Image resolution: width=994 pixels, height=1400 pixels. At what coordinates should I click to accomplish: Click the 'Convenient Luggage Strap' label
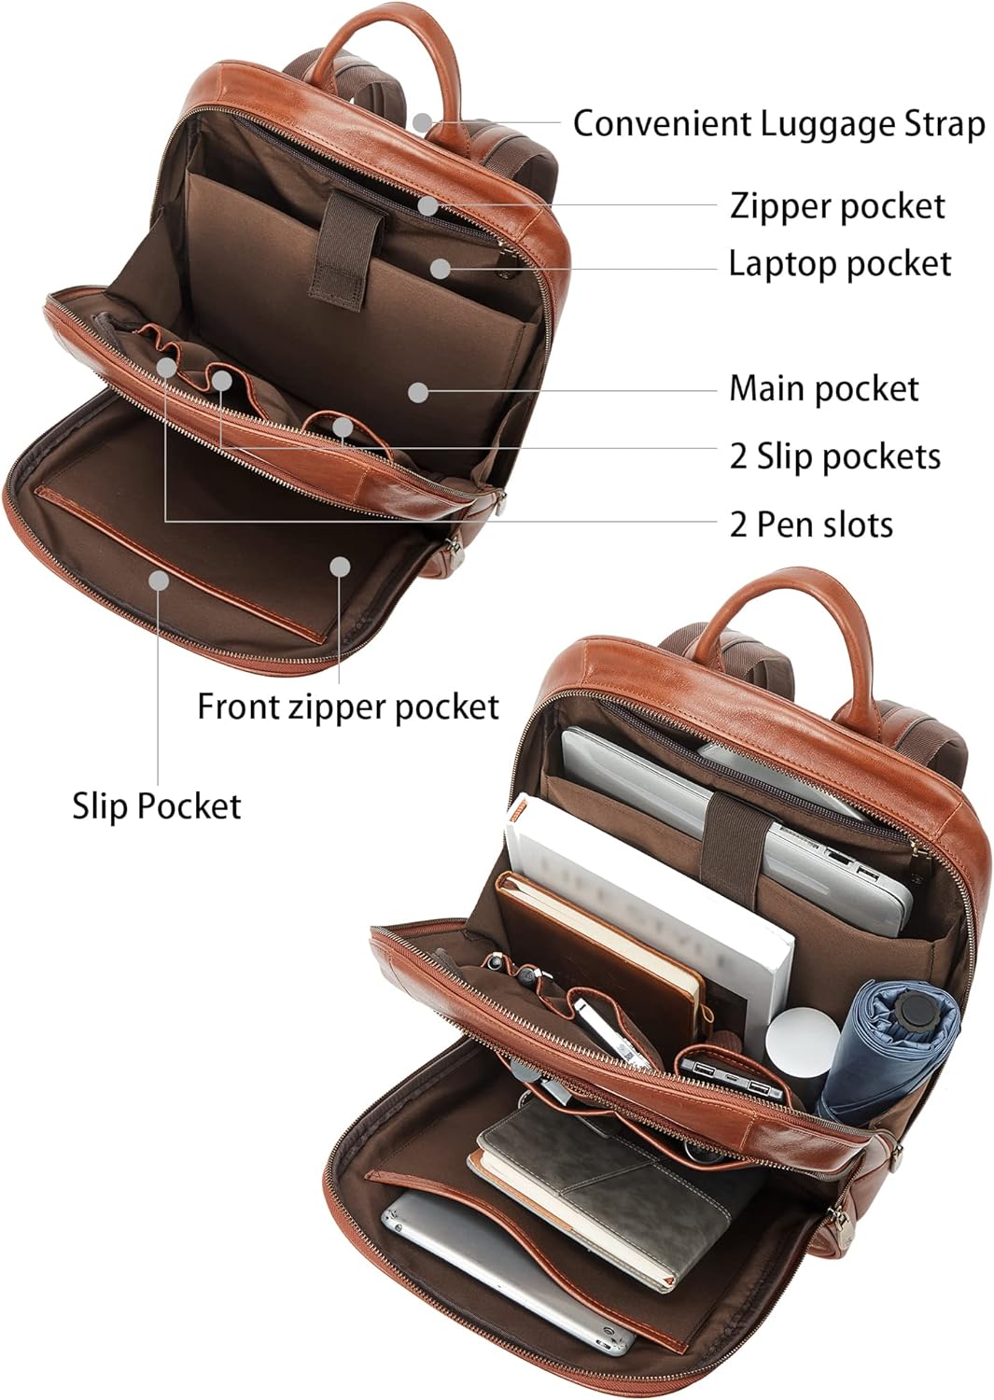(779, 124)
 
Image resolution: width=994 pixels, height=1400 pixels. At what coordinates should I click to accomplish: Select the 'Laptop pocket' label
(840, 263)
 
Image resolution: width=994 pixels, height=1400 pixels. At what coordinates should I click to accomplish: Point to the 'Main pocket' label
(824, 388)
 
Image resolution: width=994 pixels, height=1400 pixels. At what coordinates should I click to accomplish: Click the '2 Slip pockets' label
(834, 456)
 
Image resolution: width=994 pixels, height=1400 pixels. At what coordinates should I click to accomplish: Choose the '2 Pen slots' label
(811, 525)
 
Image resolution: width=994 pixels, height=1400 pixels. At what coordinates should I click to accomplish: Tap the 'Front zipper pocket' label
(348, 707)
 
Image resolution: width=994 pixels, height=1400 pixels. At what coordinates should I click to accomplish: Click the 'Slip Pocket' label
(156, 805)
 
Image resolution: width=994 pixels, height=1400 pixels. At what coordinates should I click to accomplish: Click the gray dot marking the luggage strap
(423, 122)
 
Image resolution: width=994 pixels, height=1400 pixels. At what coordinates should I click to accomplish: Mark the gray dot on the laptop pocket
(441, 268)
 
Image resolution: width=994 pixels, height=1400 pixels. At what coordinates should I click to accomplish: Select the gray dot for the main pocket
(418, 393)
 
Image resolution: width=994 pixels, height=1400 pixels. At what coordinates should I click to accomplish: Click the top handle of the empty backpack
(384, 31)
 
